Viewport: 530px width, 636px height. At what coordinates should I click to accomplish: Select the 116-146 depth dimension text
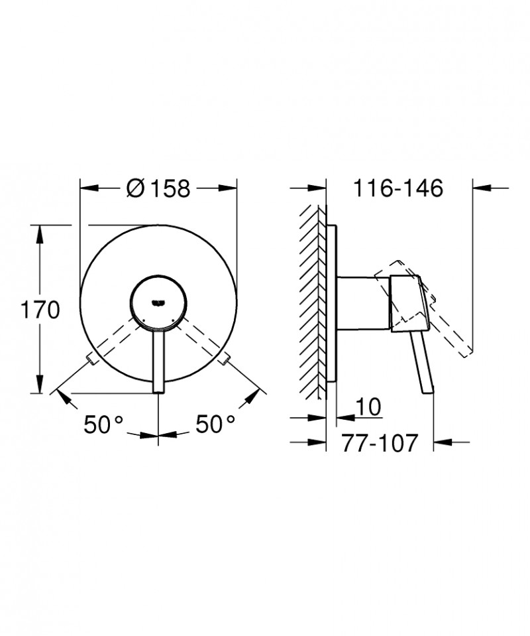(397, 188)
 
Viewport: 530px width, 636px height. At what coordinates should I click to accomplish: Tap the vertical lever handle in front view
(158, 361)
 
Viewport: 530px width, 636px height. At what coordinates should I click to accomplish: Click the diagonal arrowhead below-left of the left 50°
(63, 397)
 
